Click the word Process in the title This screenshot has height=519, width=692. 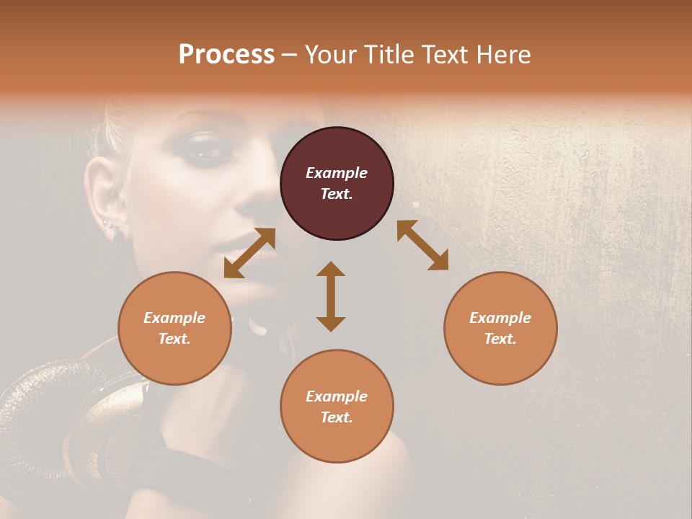[x=226, y=55]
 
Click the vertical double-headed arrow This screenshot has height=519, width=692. [x=331, y=296]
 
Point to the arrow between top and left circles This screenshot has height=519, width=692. [x=249, y=252]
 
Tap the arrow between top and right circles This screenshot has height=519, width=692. [x=422, y=245]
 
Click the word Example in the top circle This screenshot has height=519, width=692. [x=337, y=173]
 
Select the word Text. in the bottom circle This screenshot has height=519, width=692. [x=337, y=417]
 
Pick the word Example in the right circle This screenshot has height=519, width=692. [x=500, y=318]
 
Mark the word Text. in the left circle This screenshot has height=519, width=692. [x=174, y=339]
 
